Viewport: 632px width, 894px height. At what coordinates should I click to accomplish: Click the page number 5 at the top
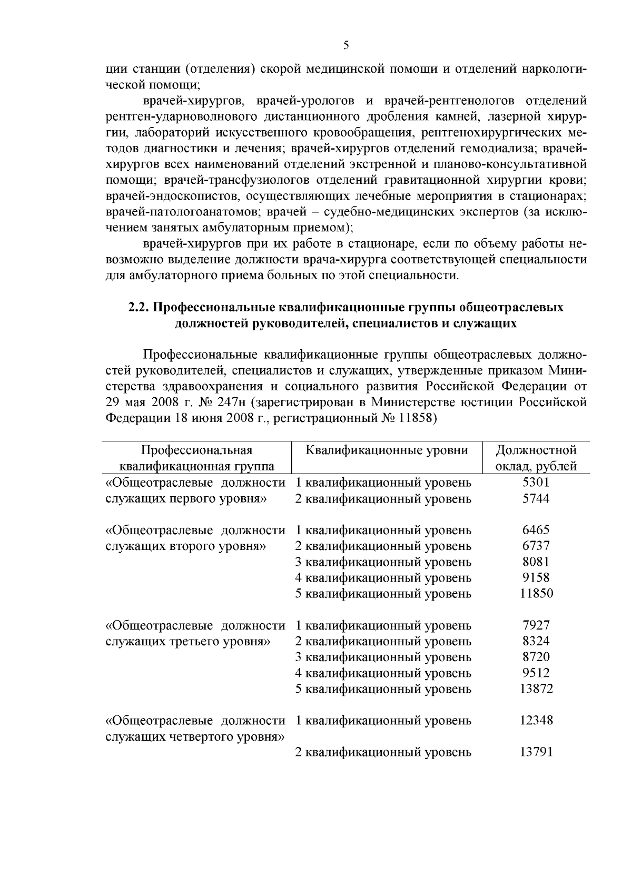346,45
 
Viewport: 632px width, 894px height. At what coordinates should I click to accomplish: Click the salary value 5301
536,482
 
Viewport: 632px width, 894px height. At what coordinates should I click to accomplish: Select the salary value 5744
536,498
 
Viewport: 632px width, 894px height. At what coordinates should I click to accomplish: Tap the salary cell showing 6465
536,530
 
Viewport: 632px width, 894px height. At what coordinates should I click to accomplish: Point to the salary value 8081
536,562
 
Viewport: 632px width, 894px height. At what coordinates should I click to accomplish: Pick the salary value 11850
536,594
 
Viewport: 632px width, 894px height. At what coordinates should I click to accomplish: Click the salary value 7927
536,625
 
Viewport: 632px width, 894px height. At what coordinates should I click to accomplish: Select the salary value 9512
536,673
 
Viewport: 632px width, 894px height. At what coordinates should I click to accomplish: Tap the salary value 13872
536,689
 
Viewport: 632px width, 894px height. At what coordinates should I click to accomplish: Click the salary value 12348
536,720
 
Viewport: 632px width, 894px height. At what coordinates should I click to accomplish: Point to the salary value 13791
536,752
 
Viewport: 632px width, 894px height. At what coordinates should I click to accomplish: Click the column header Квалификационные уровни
387,450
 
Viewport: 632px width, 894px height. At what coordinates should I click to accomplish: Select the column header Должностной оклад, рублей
536,458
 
